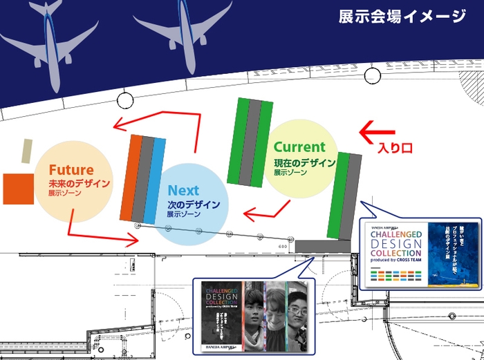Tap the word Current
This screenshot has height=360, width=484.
pyautogui.click(x=299, y=147)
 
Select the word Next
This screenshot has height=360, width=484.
pyautogui.click(x=183, y=190)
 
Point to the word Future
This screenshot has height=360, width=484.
pyautogui.click(x=71, y=170)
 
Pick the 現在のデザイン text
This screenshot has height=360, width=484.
pyautogui.click(x=304, y=163)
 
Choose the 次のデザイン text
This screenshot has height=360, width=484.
pyautogui.click(x=194, y=205)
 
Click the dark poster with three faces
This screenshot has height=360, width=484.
pyautogui.click(x=253, y=308)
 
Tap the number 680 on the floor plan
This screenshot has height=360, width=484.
pyautogui.click(x=282, y=245)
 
